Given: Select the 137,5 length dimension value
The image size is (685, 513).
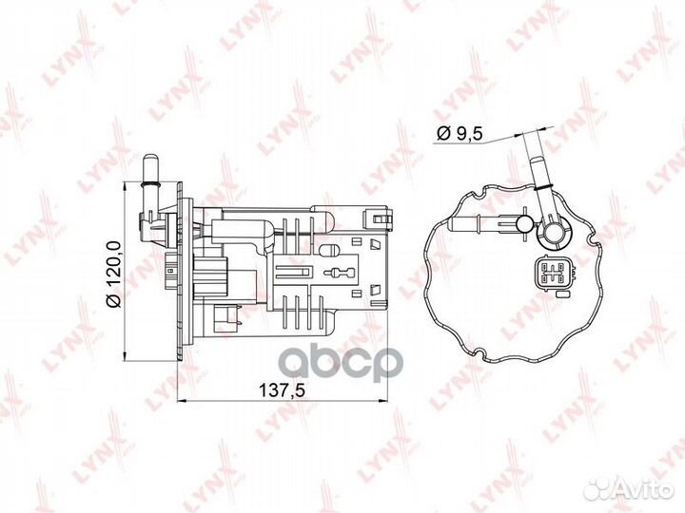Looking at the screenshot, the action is [282, 389].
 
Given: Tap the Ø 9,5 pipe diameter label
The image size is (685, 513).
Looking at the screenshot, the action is [460, 134].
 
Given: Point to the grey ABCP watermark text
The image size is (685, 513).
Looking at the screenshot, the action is [341, 365].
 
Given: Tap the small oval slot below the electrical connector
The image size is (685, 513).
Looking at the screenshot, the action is [562, 294].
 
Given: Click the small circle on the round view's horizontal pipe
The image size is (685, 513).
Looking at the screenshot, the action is [524, 224].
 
